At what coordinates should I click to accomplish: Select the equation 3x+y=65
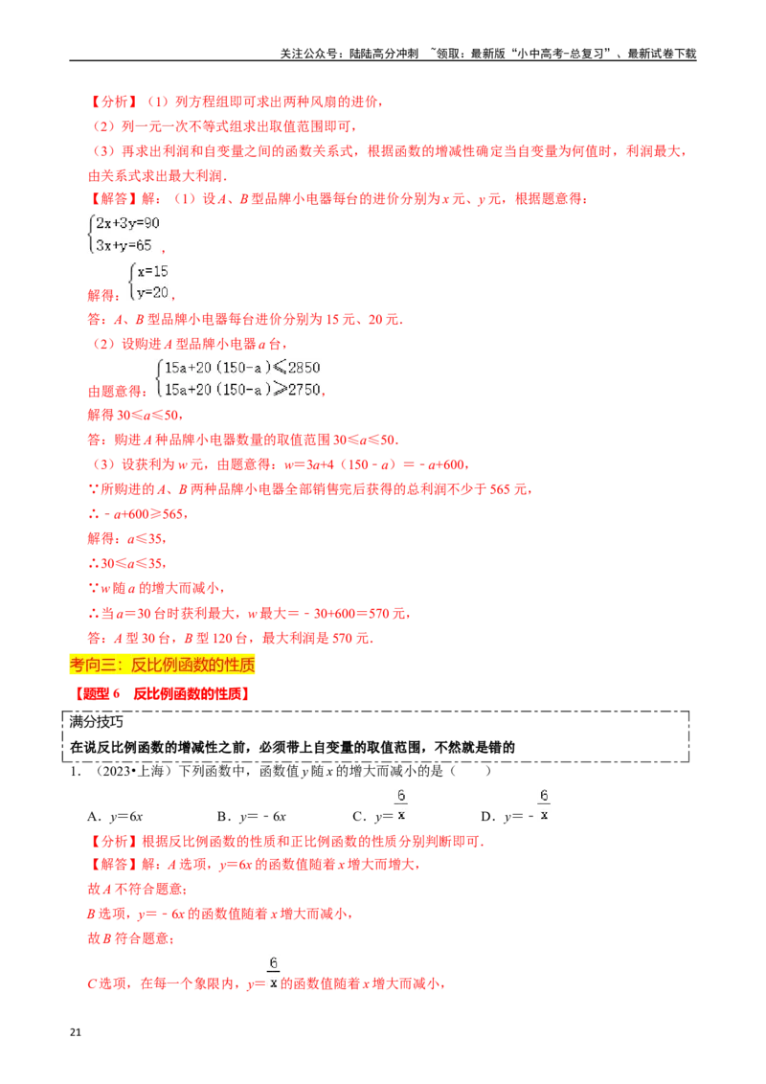point(125,245)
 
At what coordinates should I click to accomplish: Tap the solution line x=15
point(152,272)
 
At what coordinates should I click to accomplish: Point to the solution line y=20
point(152,292)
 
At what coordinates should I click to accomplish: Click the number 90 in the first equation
point(153,223)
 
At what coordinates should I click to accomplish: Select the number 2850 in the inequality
point(304,368)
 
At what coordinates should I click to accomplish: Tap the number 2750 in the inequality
point(304,389)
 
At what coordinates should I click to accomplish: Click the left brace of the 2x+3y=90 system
point(90,235)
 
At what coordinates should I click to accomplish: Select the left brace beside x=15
point(133,282)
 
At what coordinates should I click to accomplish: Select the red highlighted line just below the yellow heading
point(164,693)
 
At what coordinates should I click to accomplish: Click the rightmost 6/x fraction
point(544,804)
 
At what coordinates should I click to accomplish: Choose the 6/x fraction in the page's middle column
point(401,804)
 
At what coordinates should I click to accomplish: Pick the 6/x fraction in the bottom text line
point(273,973)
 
